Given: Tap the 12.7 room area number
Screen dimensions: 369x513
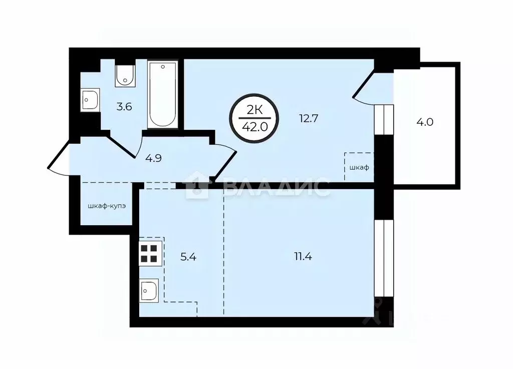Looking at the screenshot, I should coord(309,119).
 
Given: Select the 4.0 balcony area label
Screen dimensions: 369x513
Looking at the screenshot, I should coord(424,121).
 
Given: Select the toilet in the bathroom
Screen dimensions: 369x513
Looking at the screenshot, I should coord(124,75).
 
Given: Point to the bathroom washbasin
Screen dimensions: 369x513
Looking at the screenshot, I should coord(90,100).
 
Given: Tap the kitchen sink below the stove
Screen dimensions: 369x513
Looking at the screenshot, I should coord(149,289).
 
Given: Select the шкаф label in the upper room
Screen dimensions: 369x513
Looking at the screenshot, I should coord(360,167).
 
